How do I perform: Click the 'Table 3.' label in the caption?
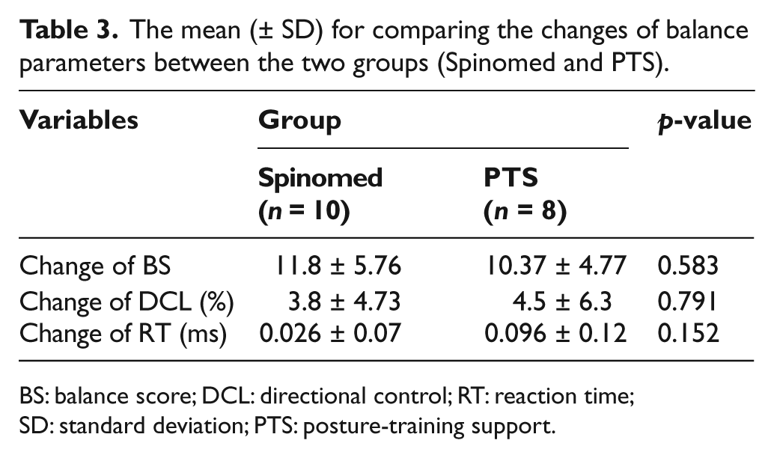[x=69, y=30]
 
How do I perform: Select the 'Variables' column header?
[x=79, y=120]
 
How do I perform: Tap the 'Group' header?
[x=299, y=121]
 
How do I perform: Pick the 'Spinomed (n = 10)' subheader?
[x=320, y=194]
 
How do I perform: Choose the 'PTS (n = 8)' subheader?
[x=525, y=194]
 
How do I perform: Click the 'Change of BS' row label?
[x=95, y=266]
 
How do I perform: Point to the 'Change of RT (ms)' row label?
[x=123, y=334]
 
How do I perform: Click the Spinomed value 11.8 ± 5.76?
[x=338, y=266]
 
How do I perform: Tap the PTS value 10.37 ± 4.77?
[x=556, y=266]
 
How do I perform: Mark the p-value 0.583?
[x=688, y=266]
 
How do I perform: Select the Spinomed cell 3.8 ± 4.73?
[x=344, y=302]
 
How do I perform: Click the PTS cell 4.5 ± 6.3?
[x=562, y=302]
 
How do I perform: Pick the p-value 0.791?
[x=686, y=302]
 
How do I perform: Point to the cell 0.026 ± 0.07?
[x=330, y=333]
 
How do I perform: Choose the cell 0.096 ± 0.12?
[x=555, y=333]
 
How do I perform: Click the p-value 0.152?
[x=688, y=333]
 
